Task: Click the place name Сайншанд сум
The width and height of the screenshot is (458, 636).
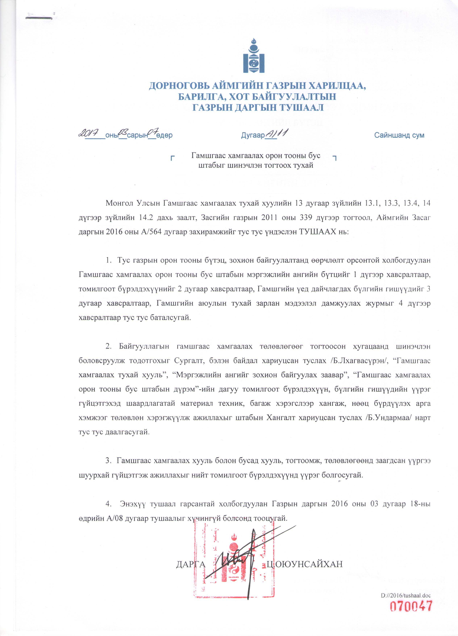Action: click(399, 135)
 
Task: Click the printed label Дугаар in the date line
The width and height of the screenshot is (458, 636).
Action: click(253, 136)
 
